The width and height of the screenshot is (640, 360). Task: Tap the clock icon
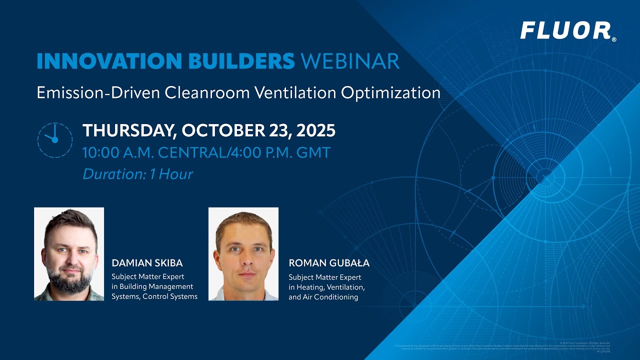(54, 139)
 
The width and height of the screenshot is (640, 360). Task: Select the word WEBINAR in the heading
(350, 61)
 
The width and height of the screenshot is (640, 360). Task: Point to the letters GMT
(314, 152)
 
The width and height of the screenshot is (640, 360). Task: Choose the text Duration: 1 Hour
(137, 174)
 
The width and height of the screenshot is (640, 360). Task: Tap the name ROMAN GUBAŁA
(329, 263)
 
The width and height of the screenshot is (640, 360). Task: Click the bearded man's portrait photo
(69, 254)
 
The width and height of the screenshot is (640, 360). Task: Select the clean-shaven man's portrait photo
(243, 254)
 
